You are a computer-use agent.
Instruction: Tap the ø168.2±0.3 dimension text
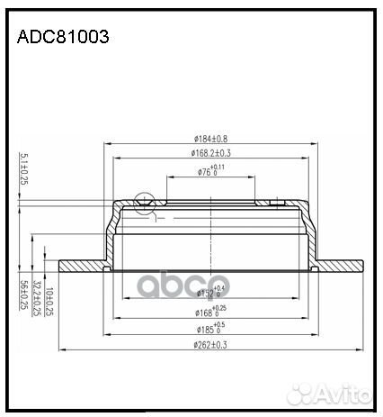[x=212, y=153]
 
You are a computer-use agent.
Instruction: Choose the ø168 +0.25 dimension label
[x=212, y=312]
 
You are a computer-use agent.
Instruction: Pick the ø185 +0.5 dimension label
[x=212, y=329]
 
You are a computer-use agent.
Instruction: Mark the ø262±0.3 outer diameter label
[x=212, y=345]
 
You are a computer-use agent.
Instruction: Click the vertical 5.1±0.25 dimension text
[x=23, y=169]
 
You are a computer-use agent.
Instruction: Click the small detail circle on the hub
[x=143, y=202]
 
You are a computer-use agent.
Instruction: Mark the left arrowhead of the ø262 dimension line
[x=61, y=350]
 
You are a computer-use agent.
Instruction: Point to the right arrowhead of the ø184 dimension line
[x=317, y=144]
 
